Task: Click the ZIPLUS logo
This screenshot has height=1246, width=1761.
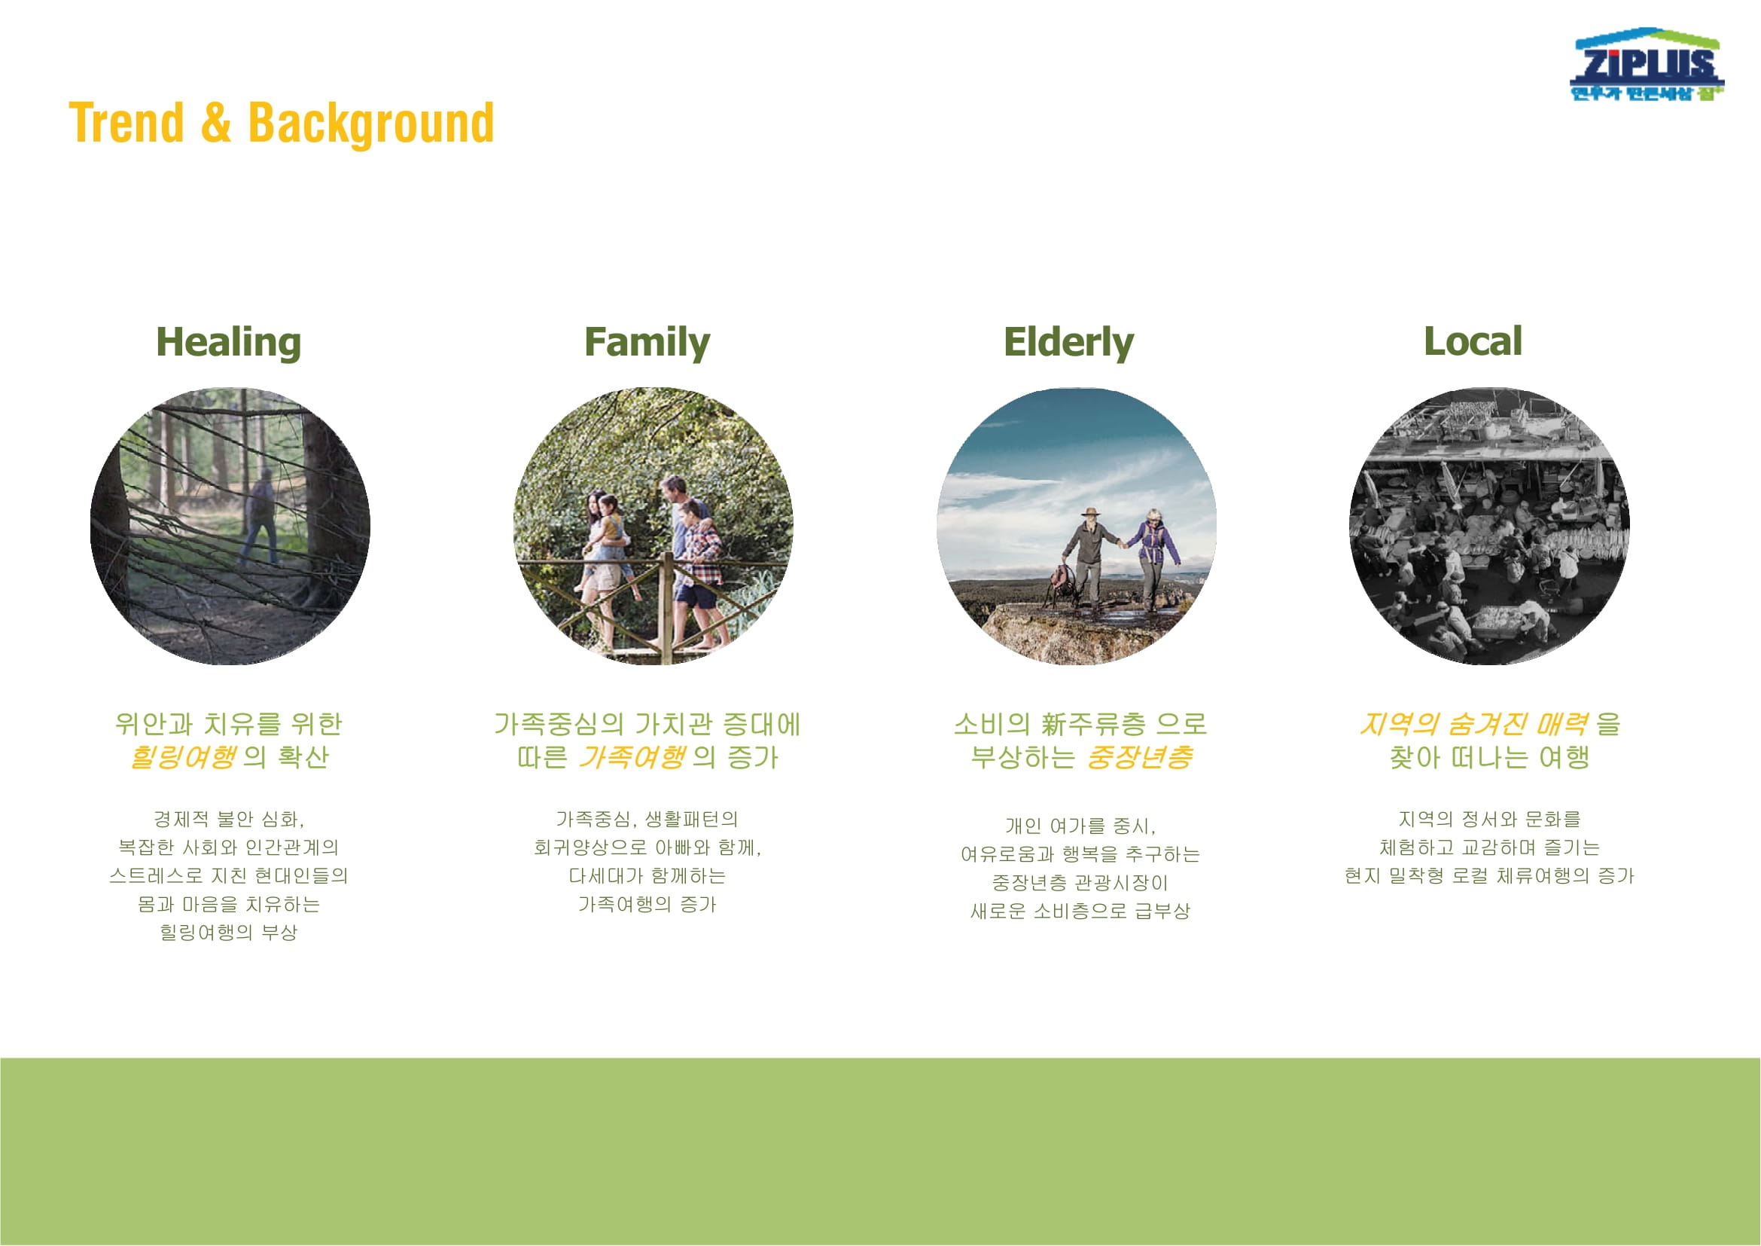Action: coord(1646,66)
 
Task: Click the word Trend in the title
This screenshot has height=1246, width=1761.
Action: coord(126,123)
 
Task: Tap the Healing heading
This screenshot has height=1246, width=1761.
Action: coord(229,343)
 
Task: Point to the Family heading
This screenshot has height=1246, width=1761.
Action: coord(647,343)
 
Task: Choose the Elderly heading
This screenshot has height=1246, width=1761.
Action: coord(1068,343)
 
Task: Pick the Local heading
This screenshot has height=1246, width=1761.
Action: coord(1473,341)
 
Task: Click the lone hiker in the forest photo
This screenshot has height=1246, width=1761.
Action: coord(260,516)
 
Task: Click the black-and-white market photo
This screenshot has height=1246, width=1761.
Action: coord(1489,527)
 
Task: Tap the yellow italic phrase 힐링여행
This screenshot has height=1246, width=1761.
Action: coord(183,758)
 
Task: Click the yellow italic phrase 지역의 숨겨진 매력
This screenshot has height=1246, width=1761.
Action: coord(1473,724)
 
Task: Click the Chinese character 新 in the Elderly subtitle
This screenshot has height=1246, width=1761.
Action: coord(1055,724)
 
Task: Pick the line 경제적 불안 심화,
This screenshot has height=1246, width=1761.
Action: coord(229,820)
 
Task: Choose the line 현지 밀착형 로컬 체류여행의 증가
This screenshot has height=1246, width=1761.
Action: coord(1489,876)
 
